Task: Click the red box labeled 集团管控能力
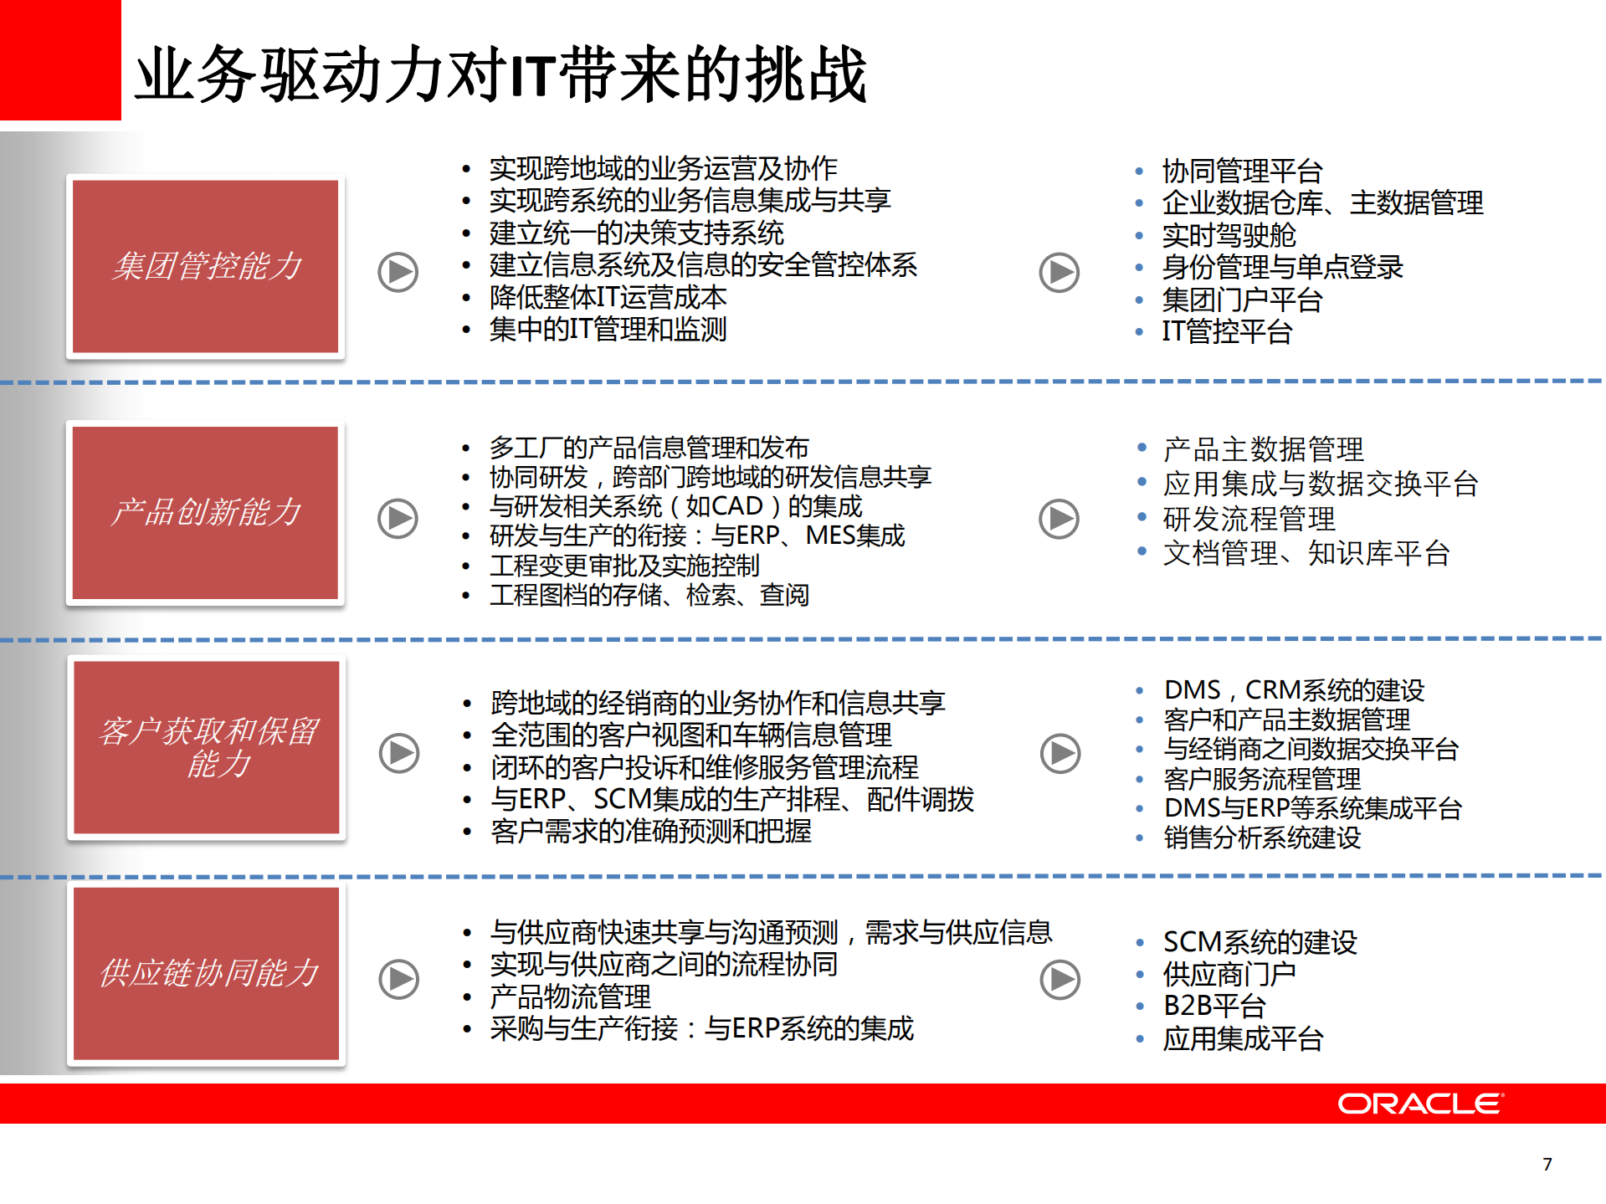coord(206,266)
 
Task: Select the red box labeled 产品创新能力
coord(206,512)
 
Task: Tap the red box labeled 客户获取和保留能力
coord(207,747)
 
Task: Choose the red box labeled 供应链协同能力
coord(207,973)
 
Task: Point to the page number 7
coord(1547,1164)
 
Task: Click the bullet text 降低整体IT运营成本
coord(608,297)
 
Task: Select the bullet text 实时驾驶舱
coord(1229,235)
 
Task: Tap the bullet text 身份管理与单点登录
coord(1282,267)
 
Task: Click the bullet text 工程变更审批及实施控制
coord(624,566)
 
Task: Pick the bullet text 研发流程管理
coord(1249,519)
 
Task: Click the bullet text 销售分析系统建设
coord(1262,838)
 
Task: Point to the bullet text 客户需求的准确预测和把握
coord(651,831)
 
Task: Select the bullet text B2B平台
coord(1214,1006)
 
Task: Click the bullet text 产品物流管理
coord(570,997)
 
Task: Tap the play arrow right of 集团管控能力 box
coord(398,272)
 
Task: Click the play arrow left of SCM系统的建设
coord(1060,979)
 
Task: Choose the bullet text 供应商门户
coord(1229,974)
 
